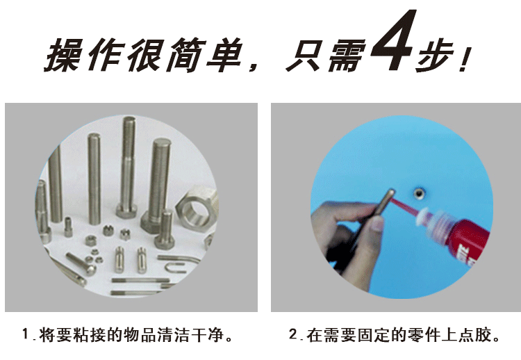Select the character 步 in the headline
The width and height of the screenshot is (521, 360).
tap(435, 56)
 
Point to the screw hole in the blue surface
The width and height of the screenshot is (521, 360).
tap(419, 193)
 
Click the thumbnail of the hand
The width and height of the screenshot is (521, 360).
tap(377, 224)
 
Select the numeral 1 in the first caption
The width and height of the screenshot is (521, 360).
tap(26, 334)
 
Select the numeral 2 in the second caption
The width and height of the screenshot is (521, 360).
tap(293, 334)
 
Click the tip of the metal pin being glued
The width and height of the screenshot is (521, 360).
tap(391, 192)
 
